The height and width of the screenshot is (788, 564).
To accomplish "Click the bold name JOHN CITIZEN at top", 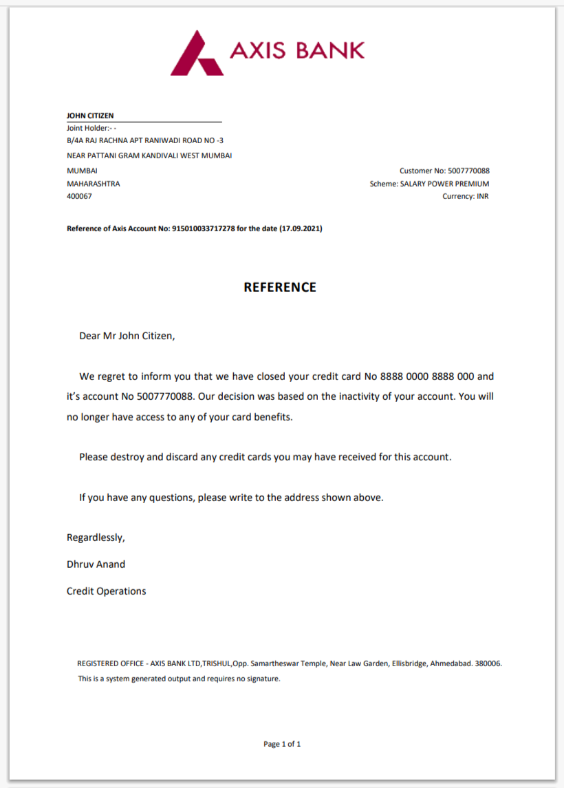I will pos(90,116).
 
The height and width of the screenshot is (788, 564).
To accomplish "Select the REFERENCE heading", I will pos(280,288).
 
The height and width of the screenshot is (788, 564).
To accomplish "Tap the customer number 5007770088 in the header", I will pos(468,171).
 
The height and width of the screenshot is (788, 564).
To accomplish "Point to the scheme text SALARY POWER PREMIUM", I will pos(444,184).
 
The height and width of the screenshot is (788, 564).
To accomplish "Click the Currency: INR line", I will pos(466,197).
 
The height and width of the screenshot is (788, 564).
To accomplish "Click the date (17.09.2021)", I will pos(301,228).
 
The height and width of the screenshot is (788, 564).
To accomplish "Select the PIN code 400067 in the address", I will pos(79,197).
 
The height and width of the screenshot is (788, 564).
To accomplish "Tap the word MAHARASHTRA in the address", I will pos(93,184).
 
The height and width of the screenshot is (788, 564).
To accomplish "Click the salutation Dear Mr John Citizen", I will pos(127,337).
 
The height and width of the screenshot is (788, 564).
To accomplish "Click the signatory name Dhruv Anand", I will pos(96,564).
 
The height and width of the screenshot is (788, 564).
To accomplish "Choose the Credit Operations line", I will pos(106,591).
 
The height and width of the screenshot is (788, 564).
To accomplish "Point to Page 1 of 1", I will pos(282,744).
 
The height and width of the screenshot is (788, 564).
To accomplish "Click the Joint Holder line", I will pos(91,128).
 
